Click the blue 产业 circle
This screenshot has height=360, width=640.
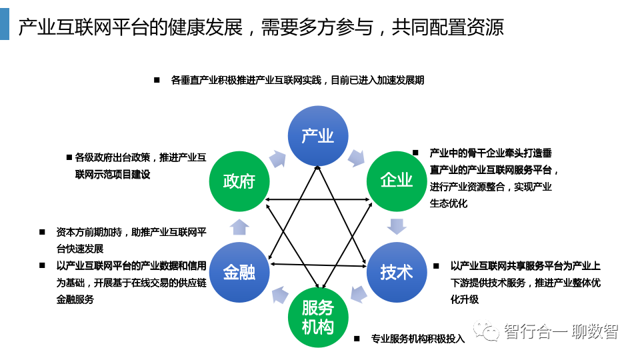click(318, 136)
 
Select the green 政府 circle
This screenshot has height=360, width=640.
click(239, 181)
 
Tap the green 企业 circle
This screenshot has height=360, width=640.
click(397, 181)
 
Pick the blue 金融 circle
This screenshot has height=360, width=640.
click(239, 272)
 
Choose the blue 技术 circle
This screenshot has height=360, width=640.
click(397, 272)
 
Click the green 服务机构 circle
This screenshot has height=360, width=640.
click(318, 317)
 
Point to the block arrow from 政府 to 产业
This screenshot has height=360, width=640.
click(277, 159)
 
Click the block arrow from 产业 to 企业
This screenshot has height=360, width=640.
click(356, 157)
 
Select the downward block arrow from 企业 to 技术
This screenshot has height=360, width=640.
click(397, 227)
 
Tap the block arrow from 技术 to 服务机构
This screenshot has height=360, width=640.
click(359, 294)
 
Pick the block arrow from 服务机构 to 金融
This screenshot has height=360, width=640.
click(279, 295)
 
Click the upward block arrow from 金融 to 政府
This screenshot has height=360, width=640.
click(239, 227)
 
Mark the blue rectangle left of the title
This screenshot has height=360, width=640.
click(5, 25)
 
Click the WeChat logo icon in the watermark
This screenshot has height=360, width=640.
click(486, 330)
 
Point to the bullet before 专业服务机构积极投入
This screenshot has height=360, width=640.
click(357, 339)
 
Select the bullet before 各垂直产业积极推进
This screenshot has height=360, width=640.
click(157, 80)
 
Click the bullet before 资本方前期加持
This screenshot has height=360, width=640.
click(42, 232)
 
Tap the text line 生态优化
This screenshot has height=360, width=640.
click(448, 203)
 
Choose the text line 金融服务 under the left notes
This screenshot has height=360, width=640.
click(75, 299)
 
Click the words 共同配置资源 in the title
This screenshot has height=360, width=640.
click(448, 27)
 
